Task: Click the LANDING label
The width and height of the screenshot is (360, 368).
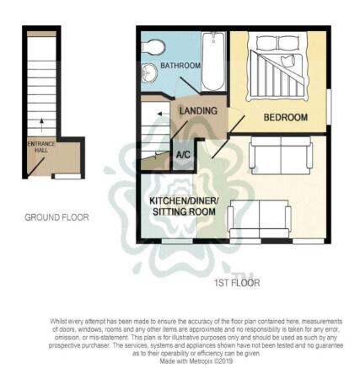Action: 199,110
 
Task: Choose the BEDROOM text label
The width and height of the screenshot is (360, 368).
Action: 286,116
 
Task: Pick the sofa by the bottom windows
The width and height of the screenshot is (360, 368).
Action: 260,218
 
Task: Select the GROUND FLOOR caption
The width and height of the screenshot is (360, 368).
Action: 56,217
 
